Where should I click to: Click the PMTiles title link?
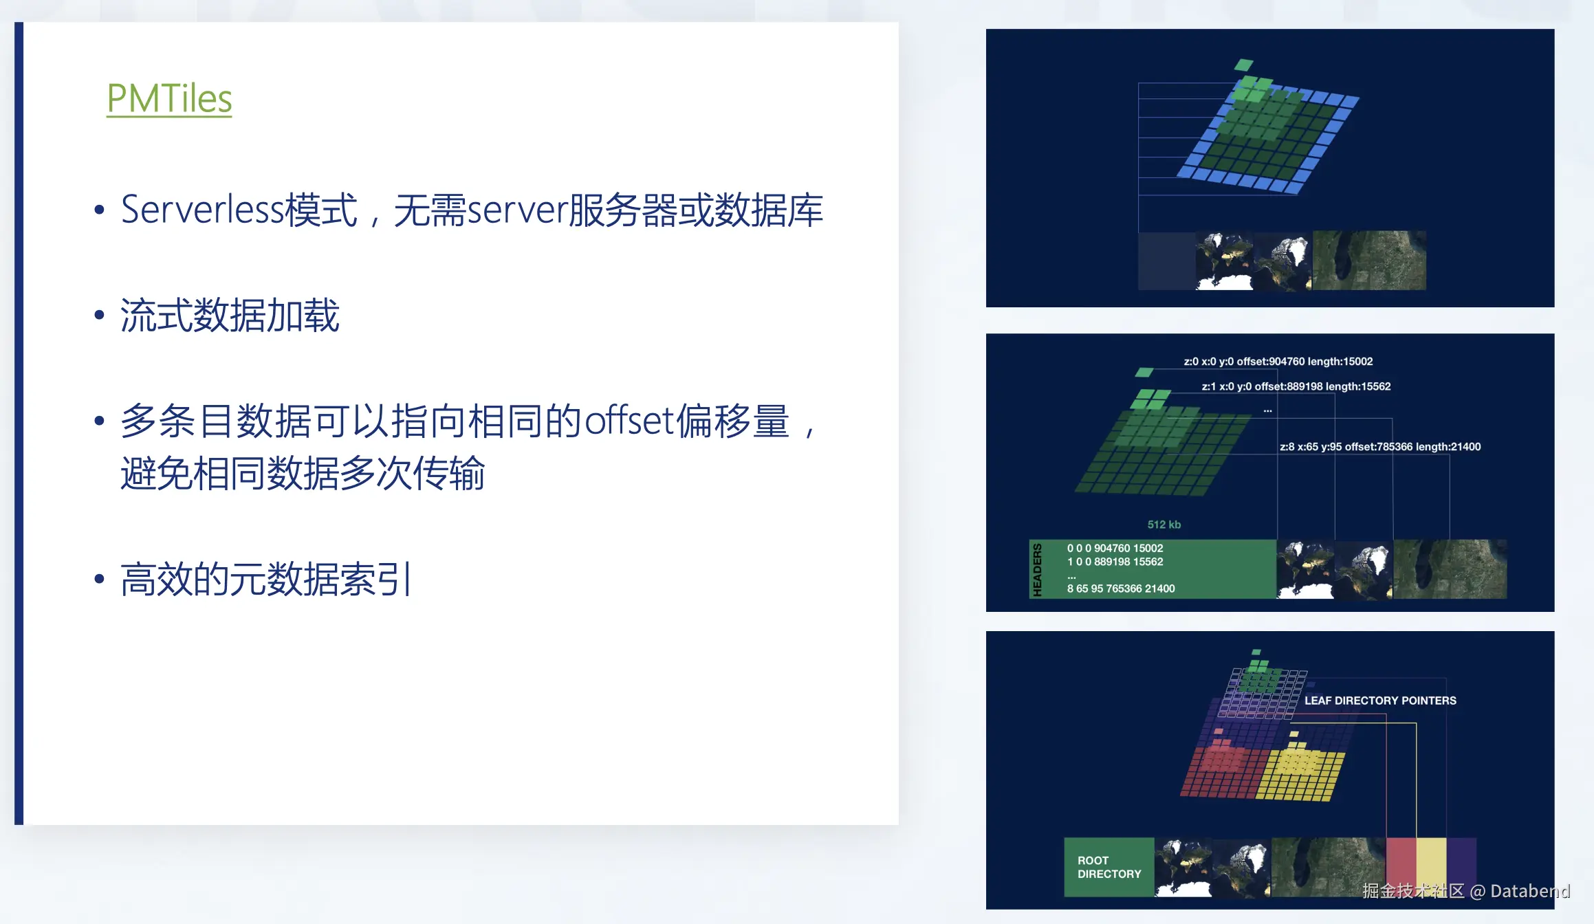[169, 98]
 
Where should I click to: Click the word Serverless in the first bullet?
[202, 209]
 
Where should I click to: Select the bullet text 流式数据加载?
[230, 315]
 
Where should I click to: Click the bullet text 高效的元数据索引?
[265, 579]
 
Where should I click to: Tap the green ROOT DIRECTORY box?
[1109, 867]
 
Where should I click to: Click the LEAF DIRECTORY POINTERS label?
[1380, 701]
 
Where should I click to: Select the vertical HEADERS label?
[1037, 569]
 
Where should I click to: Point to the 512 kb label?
[1164, 525]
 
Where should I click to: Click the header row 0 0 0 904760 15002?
[1115, 548]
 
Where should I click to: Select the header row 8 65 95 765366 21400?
[1121, 588]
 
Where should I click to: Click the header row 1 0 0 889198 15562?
[1115, 562]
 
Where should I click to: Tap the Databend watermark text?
[1529, 891]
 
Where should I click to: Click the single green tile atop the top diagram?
[1244, 65]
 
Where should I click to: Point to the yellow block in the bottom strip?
[1431, 867]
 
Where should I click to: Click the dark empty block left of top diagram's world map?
[1167, 261]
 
